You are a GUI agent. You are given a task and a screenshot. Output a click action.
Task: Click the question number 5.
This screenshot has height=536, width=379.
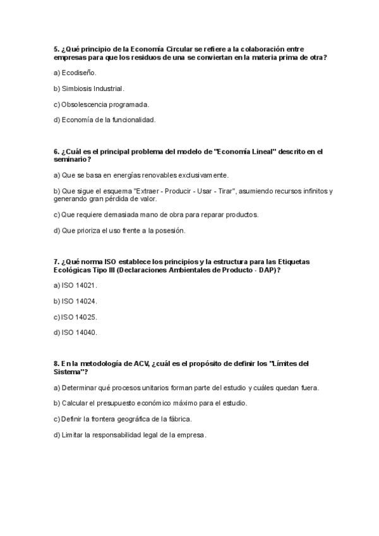(x=56, y=48)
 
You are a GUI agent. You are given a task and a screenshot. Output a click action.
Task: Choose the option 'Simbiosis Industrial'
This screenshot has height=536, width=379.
(x=92, y=88)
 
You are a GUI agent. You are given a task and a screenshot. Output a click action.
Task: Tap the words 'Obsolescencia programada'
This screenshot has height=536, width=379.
(x=104, y=104)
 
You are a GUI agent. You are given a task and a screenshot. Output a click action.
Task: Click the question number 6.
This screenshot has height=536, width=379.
(x=56, y=151)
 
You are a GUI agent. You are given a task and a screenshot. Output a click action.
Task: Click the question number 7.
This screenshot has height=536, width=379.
(x=56, y=262)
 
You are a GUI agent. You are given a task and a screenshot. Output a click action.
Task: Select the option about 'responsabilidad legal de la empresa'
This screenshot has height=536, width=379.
(x=134, y=434)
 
